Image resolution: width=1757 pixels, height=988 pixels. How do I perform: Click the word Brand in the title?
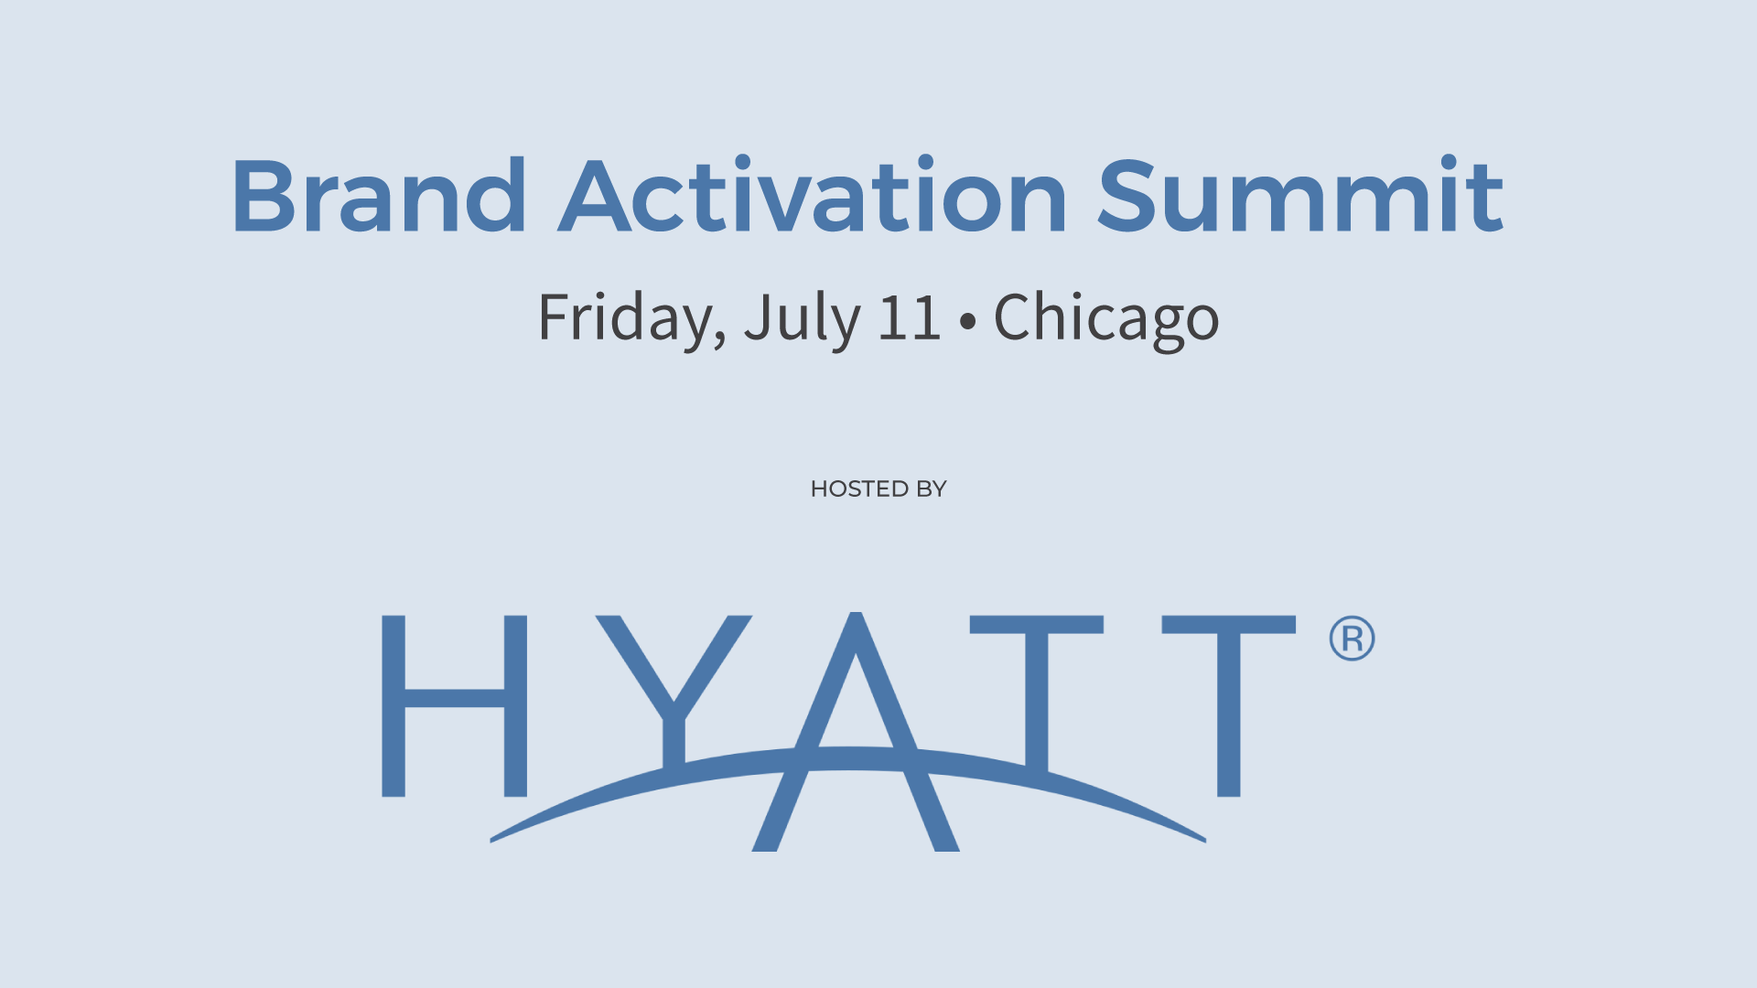click(380, 195)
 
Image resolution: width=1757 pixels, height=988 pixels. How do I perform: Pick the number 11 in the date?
click(909, 317)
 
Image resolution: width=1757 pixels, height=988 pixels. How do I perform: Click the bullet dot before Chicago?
click(967, 321)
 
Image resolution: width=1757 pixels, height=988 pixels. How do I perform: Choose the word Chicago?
click(1106, 319)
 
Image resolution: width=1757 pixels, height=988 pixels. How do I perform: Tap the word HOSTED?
click(859, 489)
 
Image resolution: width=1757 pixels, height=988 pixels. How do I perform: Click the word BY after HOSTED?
click(932, 489)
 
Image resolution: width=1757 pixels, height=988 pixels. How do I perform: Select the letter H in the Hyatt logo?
click(454, 705)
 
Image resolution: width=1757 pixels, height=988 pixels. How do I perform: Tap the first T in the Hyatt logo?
click(1037, 695)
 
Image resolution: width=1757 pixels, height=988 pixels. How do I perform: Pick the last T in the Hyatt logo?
click(1229, 705)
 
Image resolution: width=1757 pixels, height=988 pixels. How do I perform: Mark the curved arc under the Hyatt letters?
click(847, 758)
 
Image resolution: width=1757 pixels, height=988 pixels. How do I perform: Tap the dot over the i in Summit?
click(1448, 163)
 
